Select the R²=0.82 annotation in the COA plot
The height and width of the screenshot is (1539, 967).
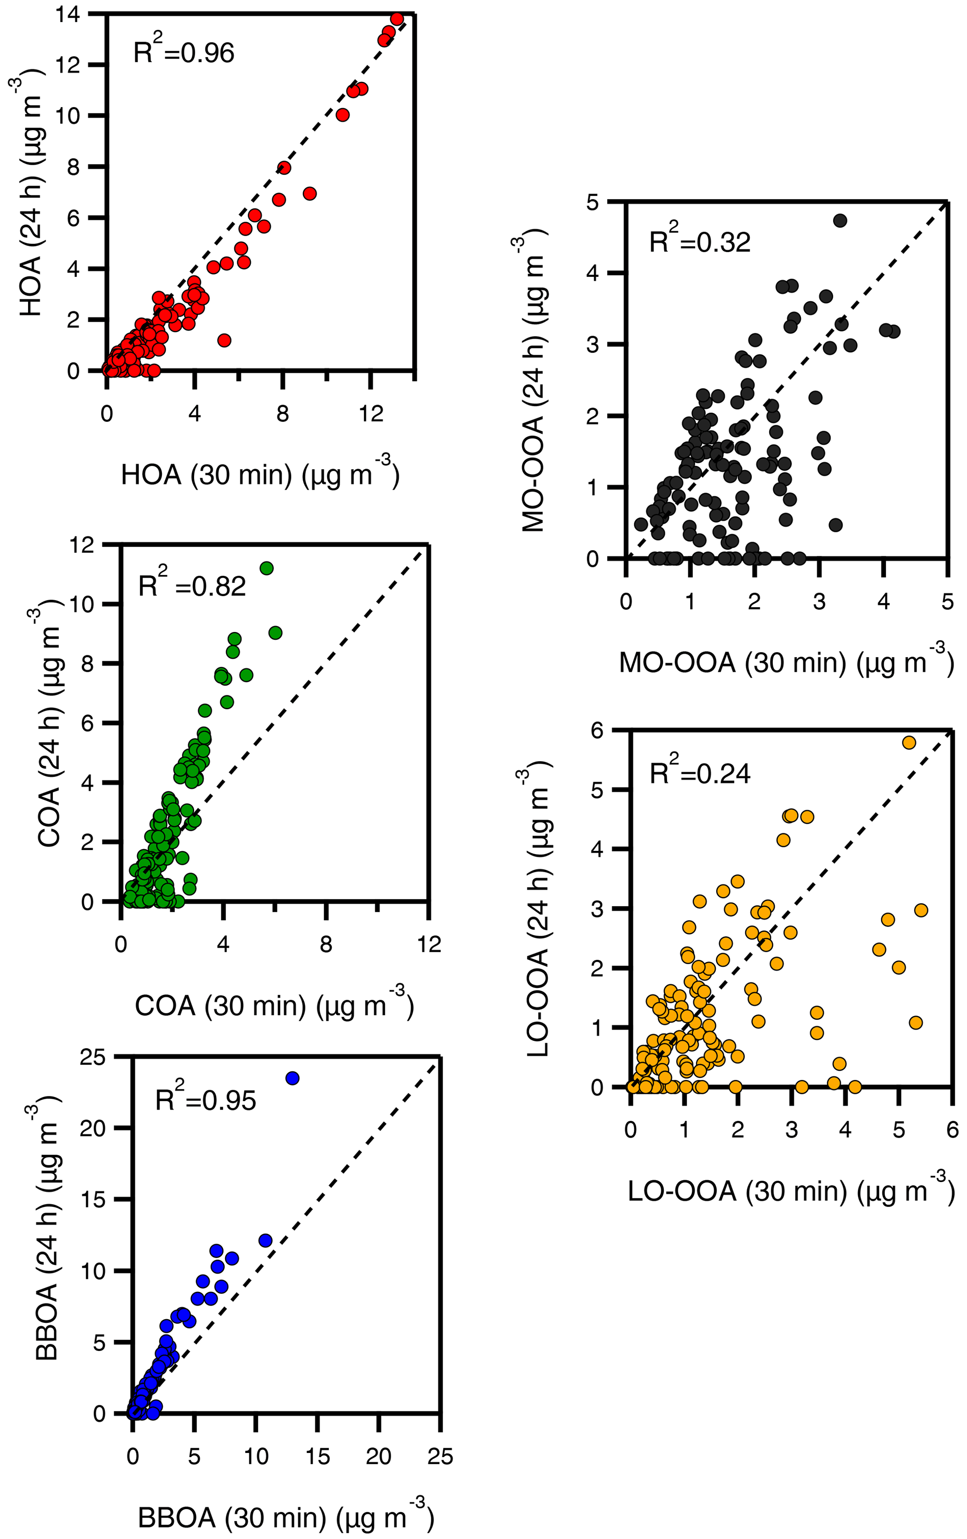(192, 585)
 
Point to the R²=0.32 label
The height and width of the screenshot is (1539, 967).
(699, 241)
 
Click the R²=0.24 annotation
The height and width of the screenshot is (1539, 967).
(700, 773)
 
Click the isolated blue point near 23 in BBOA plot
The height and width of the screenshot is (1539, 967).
(292, 1078)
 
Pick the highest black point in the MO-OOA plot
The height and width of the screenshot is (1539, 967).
(840, 220)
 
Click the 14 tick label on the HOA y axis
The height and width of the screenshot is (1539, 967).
(68, 14)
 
